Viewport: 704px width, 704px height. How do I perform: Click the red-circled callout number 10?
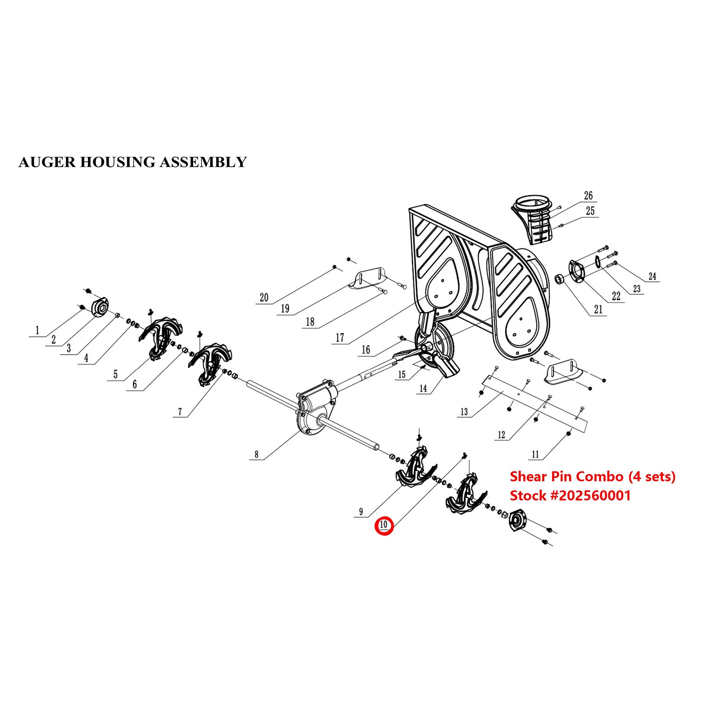[384, 524]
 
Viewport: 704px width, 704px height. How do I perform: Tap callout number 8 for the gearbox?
[257, 454]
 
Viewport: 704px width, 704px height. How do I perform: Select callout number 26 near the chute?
[588, 196]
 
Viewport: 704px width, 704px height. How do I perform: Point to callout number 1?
[37, 330]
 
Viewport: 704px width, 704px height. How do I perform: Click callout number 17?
[340, 337]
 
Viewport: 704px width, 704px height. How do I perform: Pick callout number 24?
[652, 276]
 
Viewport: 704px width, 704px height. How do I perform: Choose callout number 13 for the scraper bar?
[464, 412]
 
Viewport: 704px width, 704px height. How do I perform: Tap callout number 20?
[264, 298]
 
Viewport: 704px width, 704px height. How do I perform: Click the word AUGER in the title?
[47, 162]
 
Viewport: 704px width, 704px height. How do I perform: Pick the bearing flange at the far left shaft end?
[100, 307]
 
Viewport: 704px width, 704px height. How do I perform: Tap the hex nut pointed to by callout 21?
[560, 279]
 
